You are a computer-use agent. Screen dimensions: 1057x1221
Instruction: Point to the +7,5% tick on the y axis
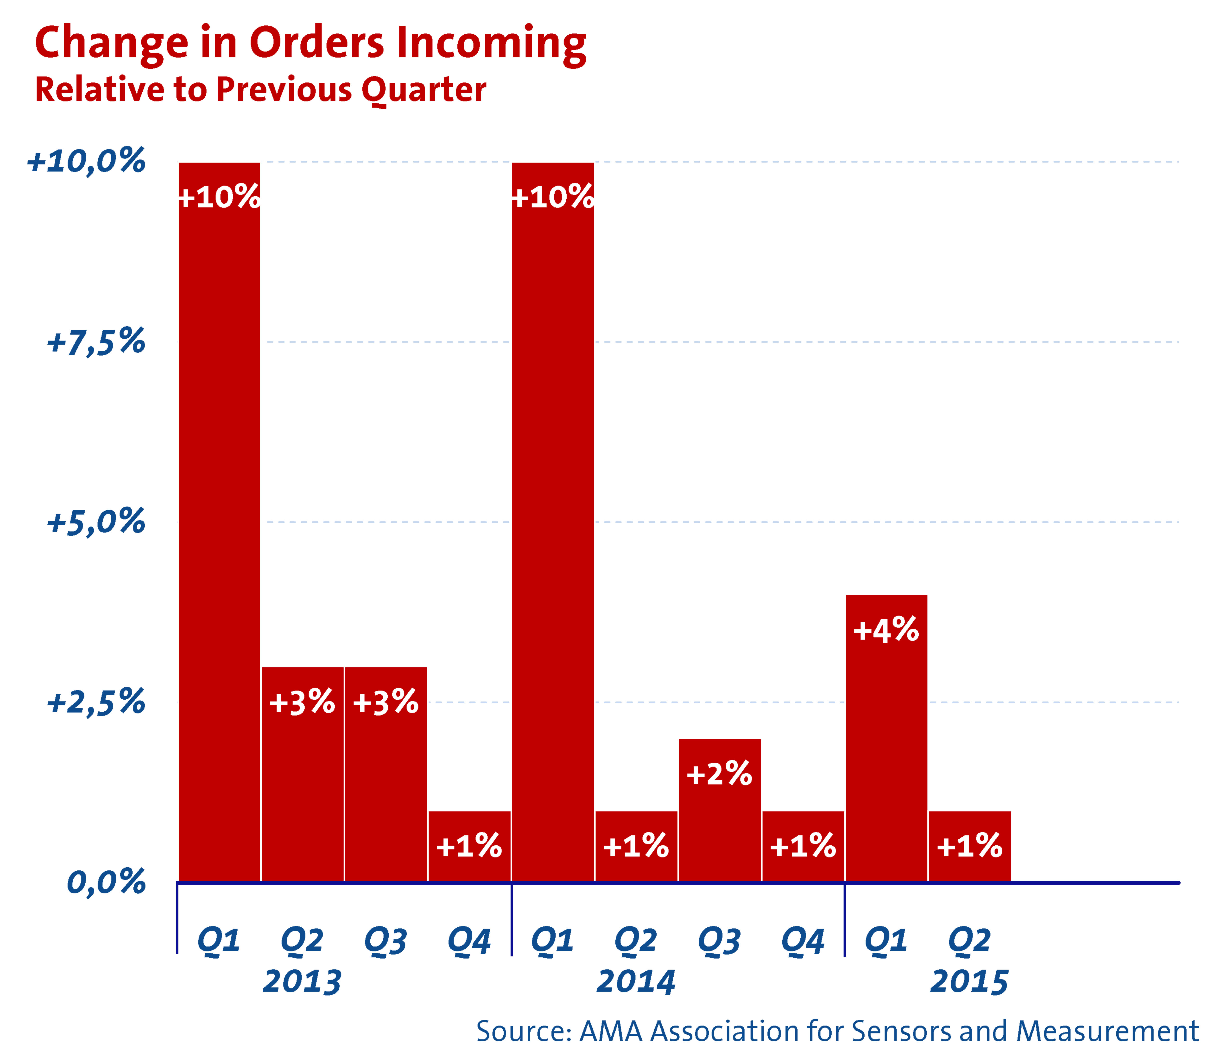click(95, 342)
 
